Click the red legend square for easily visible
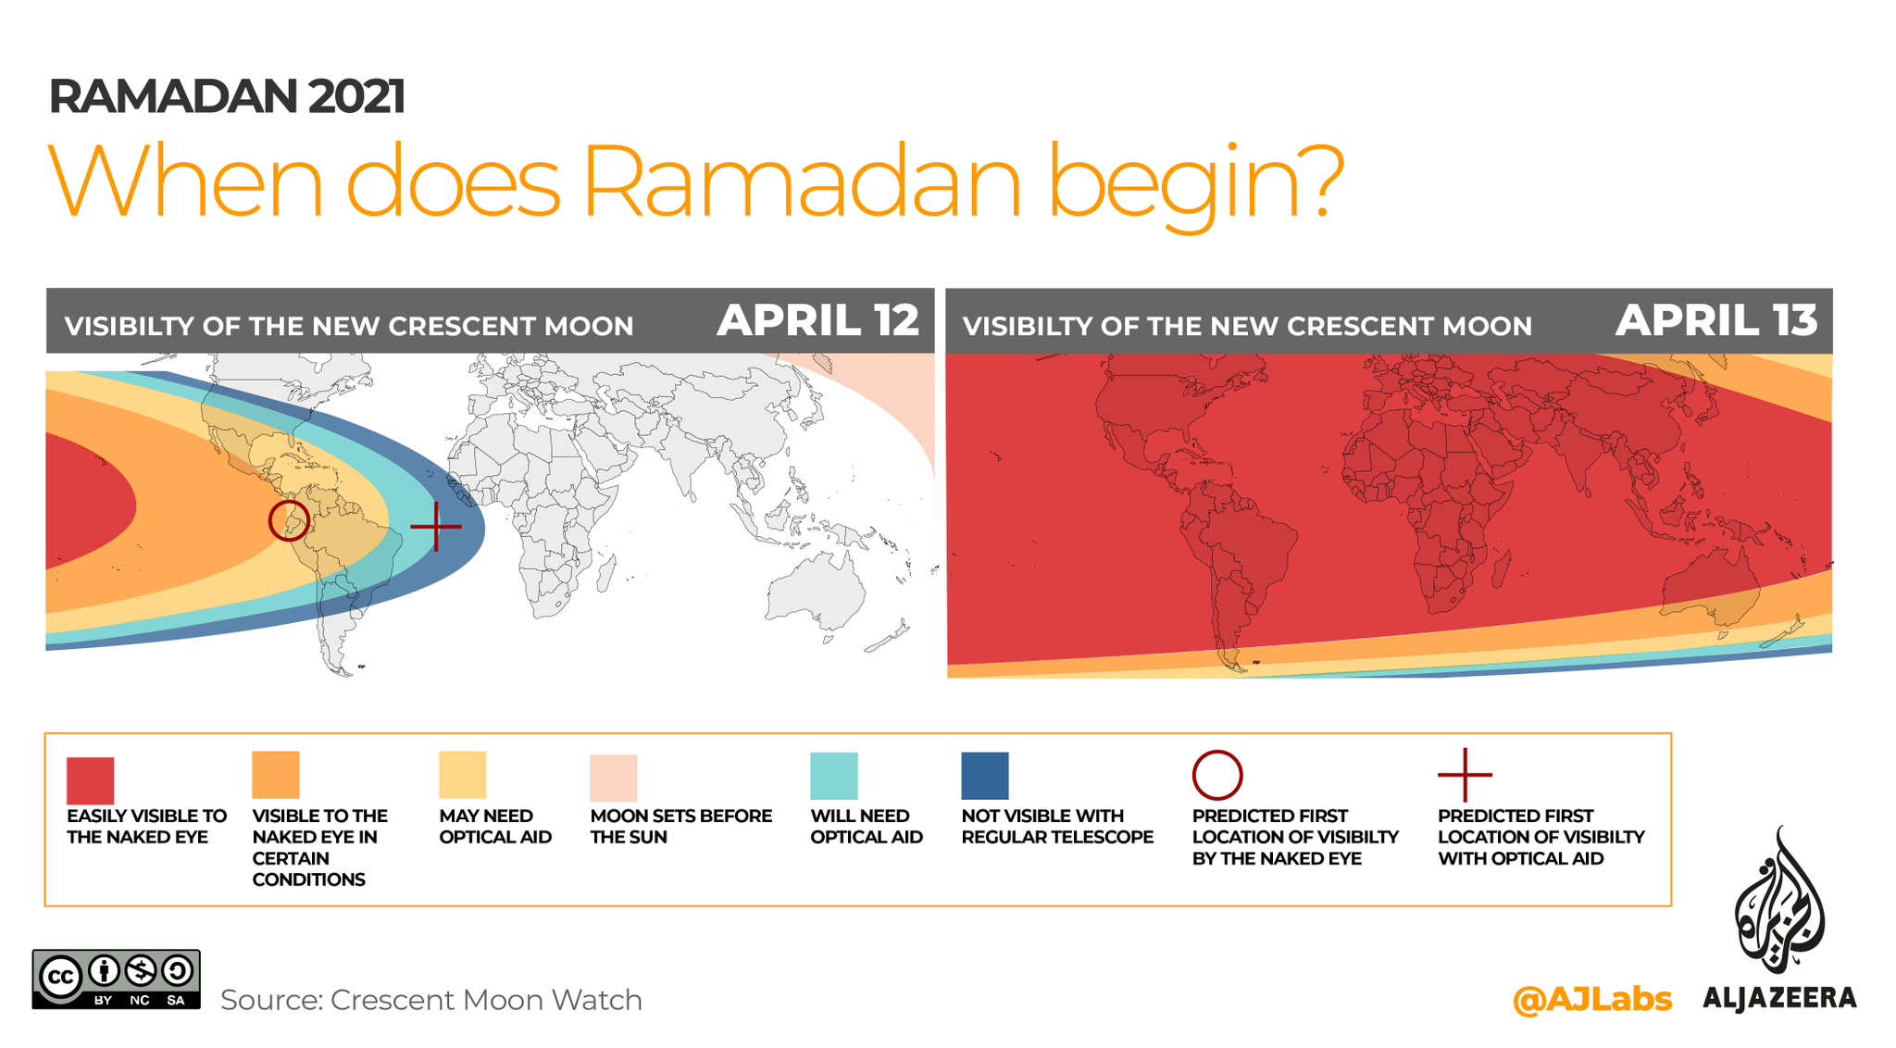pos(90,780)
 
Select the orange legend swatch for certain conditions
pos(276,774)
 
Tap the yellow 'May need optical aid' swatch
pos(462,774)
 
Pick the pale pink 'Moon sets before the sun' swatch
pos(614,778)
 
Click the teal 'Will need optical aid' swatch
pos(834,776)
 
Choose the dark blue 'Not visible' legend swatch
pos(985,776)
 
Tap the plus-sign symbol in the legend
pos(1465,775)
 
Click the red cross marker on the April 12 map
pos(436,526)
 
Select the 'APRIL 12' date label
pos(818,320)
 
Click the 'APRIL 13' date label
pos(1716,320)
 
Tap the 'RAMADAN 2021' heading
pos(227,96)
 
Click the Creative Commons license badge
pos(117,979)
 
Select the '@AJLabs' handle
pos(1592,999)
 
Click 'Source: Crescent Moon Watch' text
pos(431,1000)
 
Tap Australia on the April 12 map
pos(815,591)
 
